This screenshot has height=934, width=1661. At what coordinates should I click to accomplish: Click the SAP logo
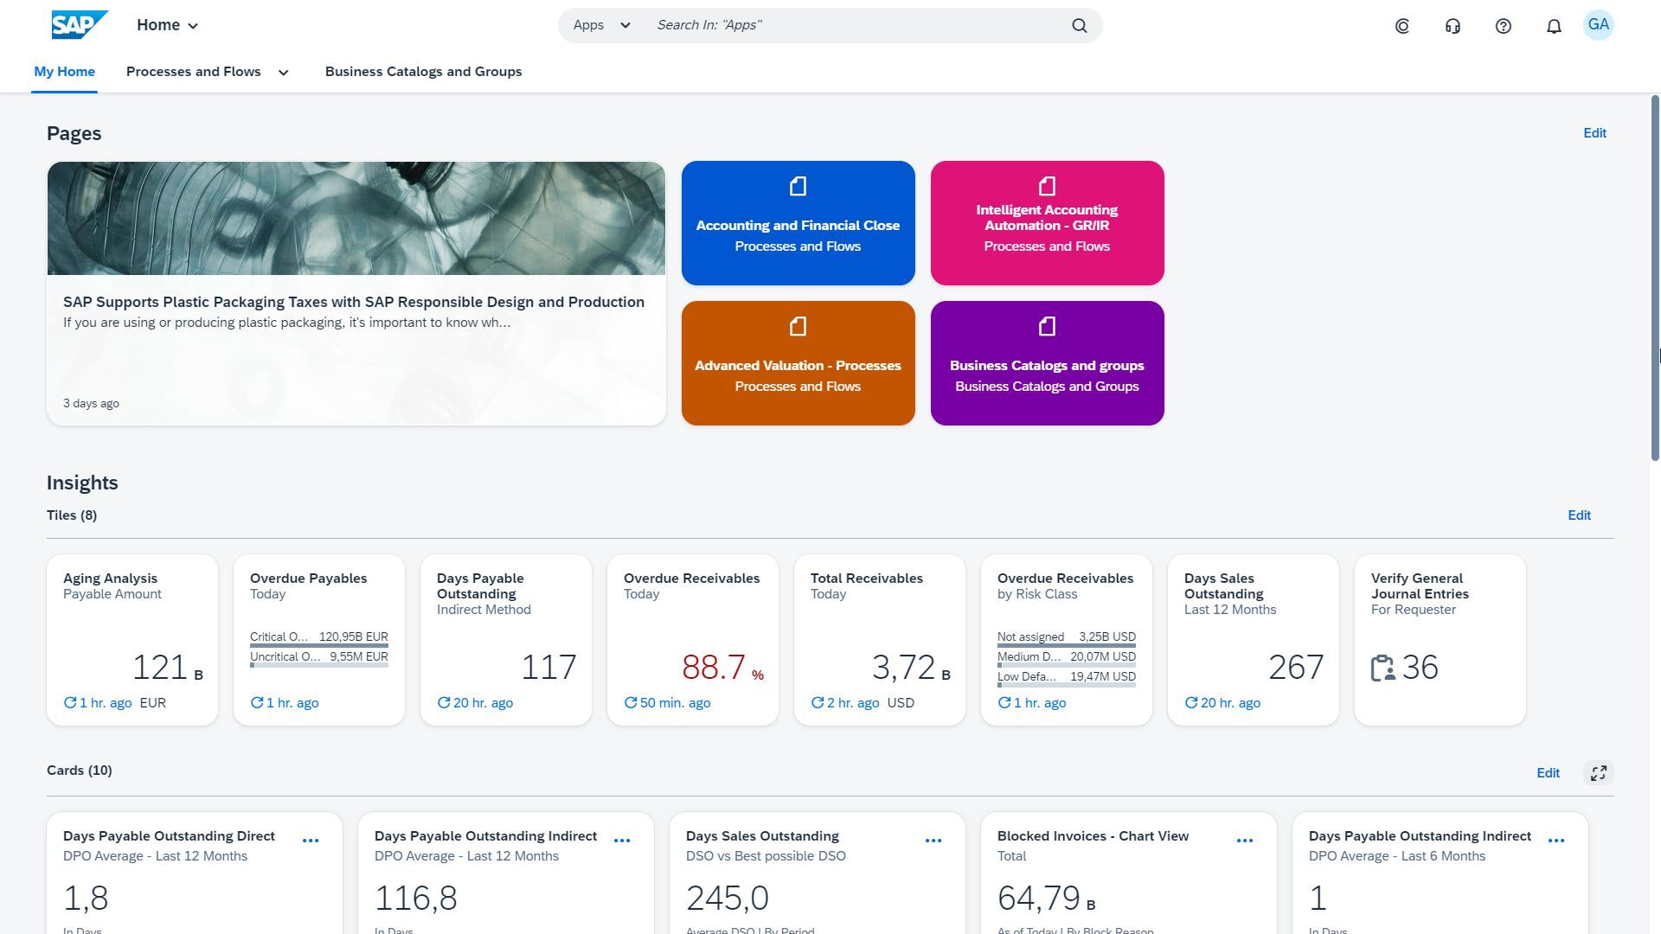pyautogui.click(x=80, y=25)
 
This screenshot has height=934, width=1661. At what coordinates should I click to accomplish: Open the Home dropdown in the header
pyautogui.click(x=168, y=25)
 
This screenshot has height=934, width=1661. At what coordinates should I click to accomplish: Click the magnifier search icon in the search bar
pyautogui.click(x=1079, y=25)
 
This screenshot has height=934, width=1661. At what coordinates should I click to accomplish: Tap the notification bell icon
pyautogui.click(x=1554, y=26)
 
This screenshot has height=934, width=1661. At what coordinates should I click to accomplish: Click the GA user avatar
pyautogui.click(x=1598, y=25)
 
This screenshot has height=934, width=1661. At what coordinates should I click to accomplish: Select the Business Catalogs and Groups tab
pyautogui.click(x=423, y=72)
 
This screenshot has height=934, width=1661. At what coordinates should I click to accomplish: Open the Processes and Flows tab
pyautogui.click(x=194, y=72)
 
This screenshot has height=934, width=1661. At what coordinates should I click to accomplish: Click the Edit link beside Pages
pyautogui.click(x=1594, y=133)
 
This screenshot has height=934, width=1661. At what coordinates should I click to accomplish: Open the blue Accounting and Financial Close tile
pyautogui.click(x=798, y=223)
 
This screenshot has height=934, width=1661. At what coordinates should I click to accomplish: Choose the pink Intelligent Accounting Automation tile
pyautogui.click(x=1047, y=223)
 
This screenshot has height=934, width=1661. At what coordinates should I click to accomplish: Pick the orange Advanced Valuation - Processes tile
pyautogui.click(x=798, y=363)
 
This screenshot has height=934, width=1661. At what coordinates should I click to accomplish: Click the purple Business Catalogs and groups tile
pyautogui.click(x=1047, y=363)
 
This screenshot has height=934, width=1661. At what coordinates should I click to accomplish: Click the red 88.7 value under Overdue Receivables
pyautogui.click(x=714, y=668)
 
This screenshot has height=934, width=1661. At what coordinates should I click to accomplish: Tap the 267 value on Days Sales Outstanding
pyautogui.click(x=1295, y=668)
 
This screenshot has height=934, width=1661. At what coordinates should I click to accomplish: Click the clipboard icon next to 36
pyautogui.click(x=1382, y=668)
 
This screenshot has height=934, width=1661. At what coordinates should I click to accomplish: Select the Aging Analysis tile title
pyautogui.click(x=110, y=579)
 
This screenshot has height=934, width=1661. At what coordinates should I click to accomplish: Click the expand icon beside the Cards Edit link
pyautogui.click(x=1598, y=772)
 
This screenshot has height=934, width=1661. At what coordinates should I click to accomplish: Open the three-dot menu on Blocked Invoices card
pyautogui.click(x=1244, y=841)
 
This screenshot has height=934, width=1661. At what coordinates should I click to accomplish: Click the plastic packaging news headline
pyautogui.click(x=353, y=302)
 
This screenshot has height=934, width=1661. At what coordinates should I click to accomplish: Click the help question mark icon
pyautogui.click(x=1503, y=26)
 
